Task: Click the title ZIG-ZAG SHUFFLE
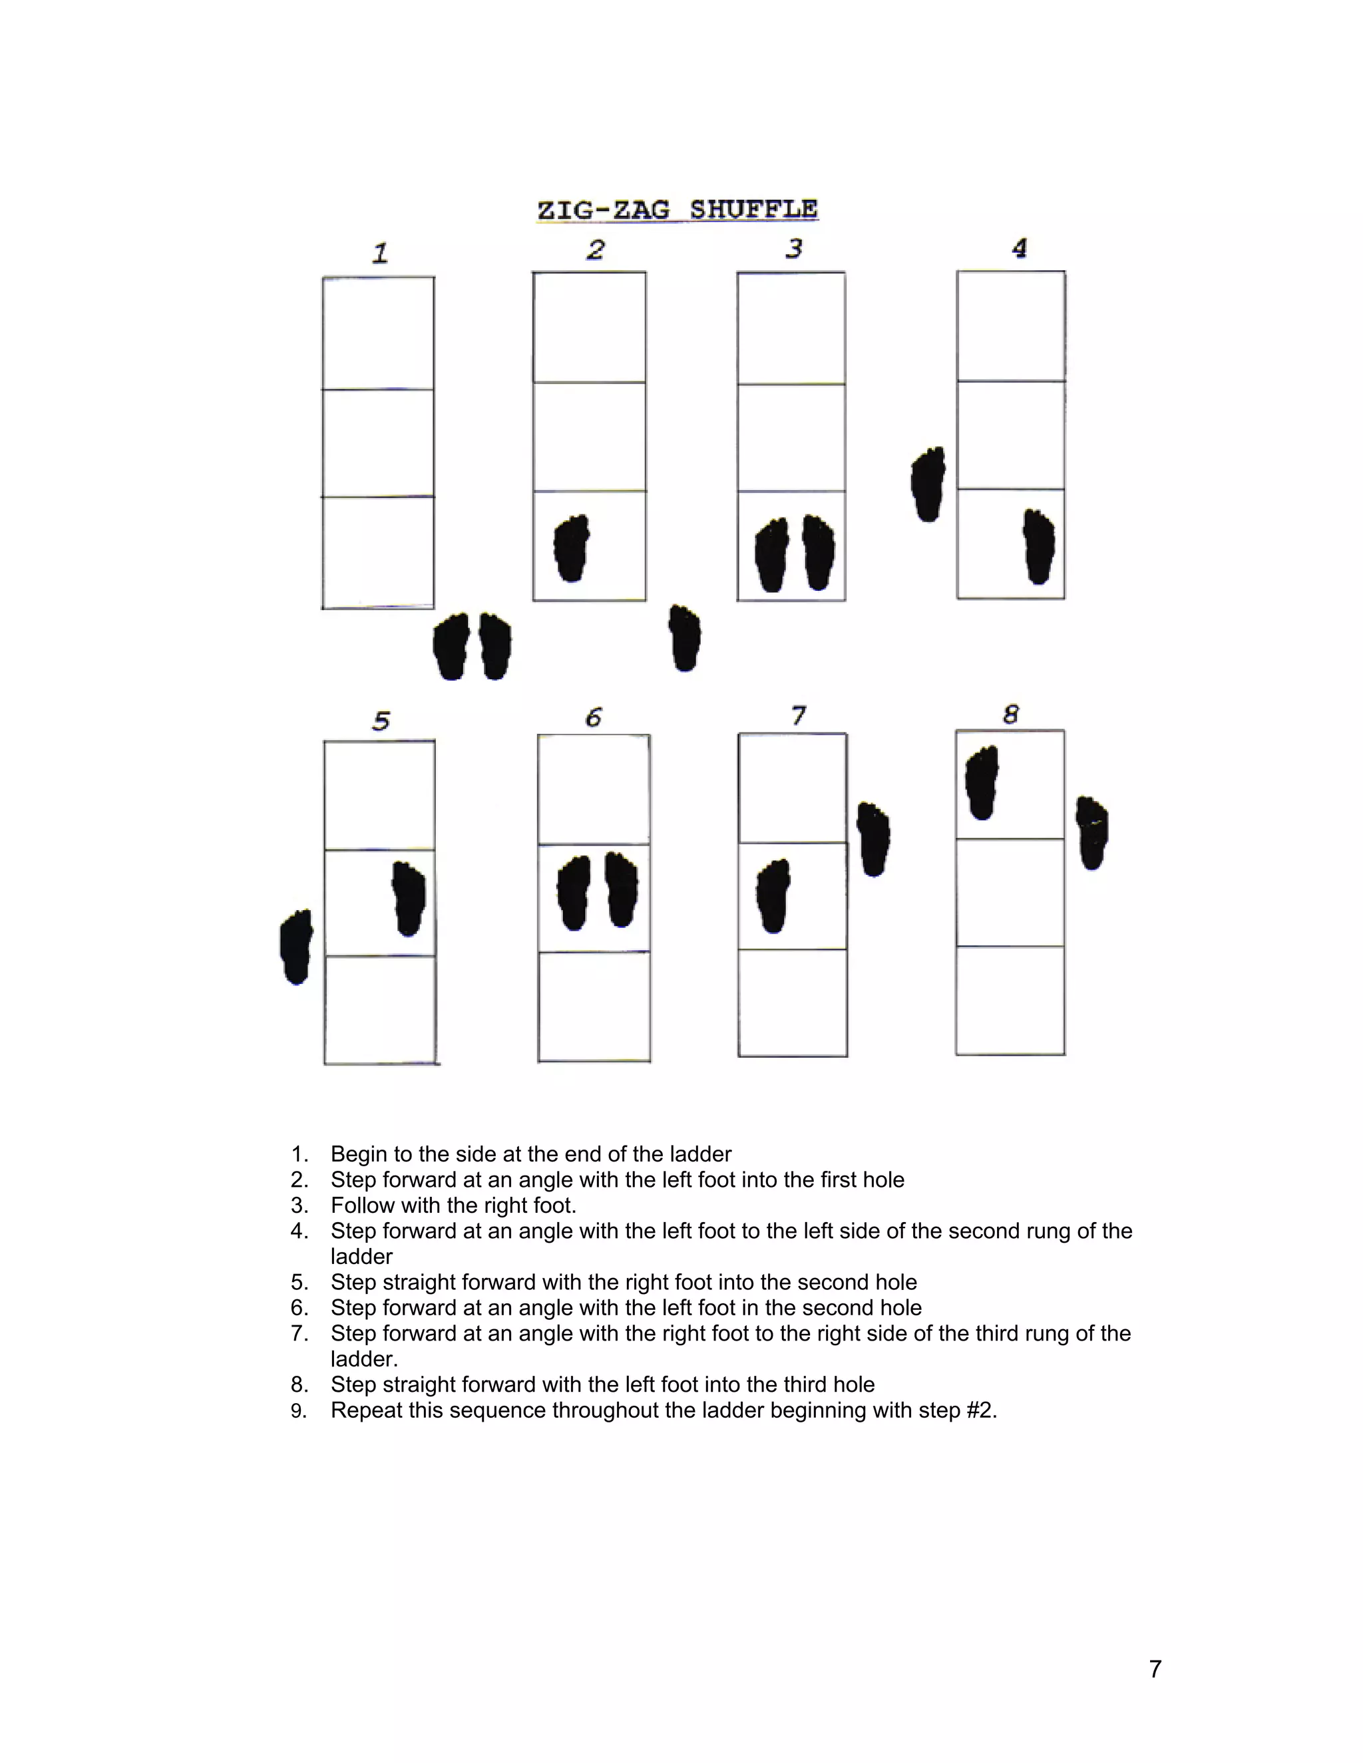(678, 210)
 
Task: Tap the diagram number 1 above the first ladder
(380, 253)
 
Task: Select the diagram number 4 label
(1020, 248)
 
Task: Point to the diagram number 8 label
(1011, 715)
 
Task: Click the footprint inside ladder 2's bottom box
(572, 548)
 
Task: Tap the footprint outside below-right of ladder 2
(685, 638)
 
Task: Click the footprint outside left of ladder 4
(928, 484)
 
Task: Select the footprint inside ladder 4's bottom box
(1039, 546)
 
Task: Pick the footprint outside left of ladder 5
(295, 947)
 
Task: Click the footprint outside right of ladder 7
(873, 840)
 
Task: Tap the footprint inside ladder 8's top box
(982, 783)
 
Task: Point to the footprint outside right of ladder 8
(1093, 833)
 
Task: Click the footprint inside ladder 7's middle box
(773, 896)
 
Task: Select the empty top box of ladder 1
(378, 333)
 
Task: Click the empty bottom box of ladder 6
(594, 1007)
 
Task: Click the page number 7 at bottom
(1155, 1669)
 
